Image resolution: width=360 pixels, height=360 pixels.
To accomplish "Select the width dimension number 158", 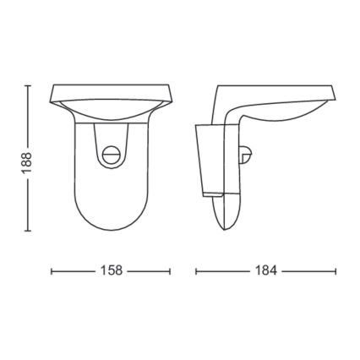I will coord(111,271).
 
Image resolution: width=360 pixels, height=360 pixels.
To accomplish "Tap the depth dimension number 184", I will coord(266,271).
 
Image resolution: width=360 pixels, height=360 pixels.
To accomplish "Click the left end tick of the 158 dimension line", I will coord(52,271).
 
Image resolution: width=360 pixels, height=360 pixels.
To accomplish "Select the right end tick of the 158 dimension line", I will coord(170,271).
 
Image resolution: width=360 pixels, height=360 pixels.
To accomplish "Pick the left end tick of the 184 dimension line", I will coord(196,271).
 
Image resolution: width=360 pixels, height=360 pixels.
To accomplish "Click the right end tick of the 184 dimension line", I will coord(336,271).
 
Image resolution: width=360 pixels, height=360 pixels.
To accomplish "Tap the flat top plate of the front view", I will coord(111,90).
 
